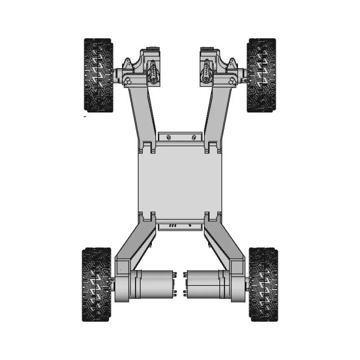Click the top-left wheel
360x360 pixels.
click(x=98, y=75)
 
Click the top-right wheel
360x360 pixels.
click(x=262, y=75)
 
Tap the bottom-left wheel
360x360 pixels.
click(x=97, y=284)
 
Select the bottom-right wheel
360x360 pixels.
click(x=263, y=284)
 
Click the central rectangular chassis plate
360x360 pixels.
click(x=180, y=180)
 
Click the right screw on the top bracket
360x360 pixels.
click(x=193, y=137)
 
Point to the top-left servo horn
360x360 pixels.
click(x=154, y=72)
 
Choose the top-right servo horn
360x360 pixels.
click(x=207, y=72)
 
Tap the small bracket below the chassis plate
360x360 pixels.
click(x=180, y=226)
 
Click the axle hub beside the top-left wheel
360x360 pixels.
click(x=120, y=75)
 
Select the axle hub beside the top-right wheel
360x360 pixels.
click(x=241, y=75)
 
